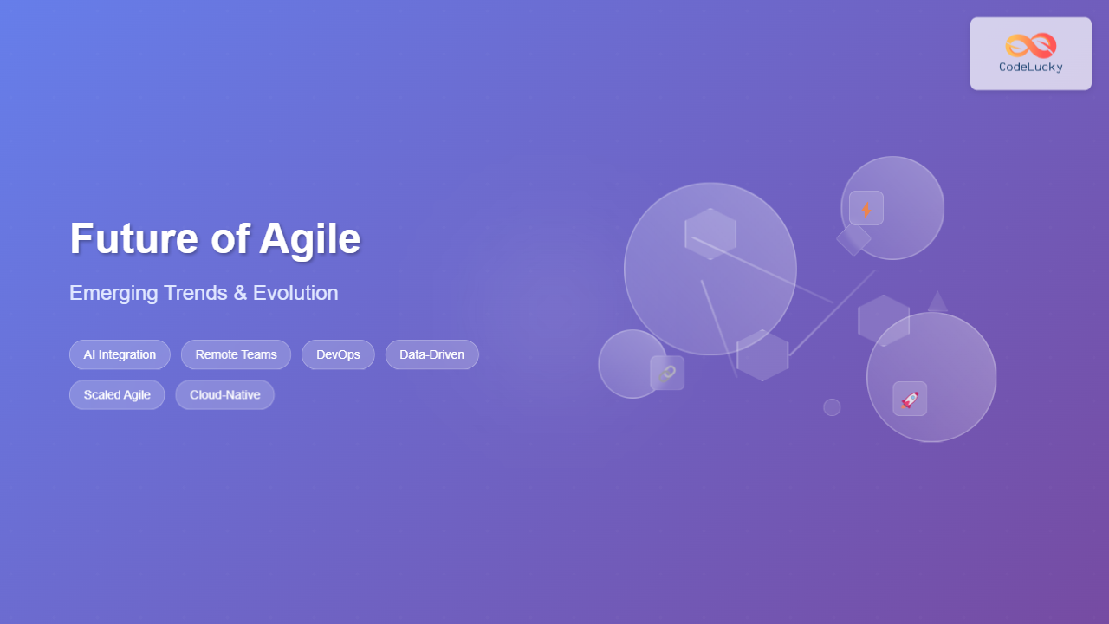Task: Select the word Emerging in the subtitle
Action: (117, 293)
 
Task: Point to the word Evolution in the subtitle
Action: (295, 293)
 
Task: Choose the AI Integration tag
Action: (120, 354)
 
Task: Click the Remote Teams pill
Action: (236, 354)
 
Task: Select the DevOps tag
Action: (338, 354)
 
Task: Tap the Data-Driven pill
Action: (431, 354)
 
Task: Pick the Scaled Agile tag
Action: (117, 394)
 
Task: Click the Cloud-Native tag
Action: (224, 394)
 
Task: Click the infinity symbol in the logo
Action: (1030, 46)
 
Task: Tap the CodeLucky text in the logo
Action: (1030, 68)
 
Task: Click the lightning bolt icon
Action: (866, 208)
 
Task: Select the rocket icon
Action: (910, 399)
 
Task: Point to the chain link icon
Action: (667, 373)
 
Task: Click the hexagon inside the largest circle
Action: (710, 233)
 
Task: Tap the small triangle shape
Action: (937, 303)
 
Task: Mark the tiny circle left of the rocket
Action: (832, 407)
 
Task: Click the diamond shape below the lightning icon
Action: (853, 239)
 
